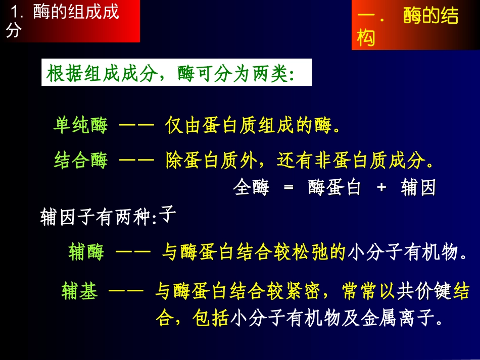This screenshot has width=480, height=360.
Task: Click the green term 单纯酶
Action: [x=80, y=126]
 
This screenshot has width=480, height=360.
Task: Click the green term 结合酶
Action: [x=80, y=161]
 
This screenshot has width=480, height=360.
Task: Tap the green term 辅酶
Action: [x=86, y=252]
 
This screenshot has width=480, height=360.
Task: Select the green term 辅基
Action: [x=79, y=291]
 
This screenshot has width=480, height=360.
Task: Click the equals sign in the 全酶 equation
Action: [x=289, y=188]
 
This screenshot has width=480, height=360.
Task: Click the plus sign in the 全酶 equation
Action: [x=381, y=188]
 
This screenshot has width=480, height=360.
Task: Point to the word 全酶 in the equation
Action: [x=251, y=188]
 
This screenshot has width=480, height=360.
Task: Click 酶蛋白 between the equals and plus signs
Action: [x=334, y=188]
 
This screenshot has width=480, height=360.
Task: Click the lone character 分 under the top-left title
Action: [x=14, y=32]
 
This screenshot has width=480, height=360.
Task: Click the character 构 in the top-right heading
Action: [x=366, y=37]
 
